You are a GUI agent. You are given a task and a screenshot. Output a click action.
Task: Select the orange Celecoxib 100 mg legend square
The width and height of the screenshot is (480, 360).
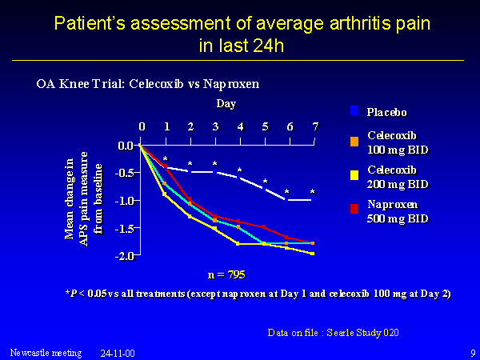click(354, 142)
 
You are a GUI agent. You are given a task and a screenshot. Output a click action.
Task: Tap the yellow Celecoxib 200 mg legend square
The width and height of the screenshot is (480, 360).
click(354, 176)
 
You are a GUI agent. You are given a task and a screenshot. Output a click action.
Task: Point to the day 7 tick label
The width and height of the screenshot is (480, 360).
click(315, 127)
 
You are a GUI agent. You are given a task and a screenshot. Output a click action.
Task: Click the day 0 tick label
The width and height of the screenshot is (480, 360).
click(141, 127)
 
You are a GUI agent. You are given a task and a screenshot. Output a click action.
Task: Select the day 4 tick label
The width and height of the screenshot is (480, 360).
click(241, 127)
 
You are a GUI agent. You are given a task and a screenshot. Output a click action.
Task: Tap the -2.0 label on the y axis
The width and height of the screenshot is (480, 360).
click(125, 255)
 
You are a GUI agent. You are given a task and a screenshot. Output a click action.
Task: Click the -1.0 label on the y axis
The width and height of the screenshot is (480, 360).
click(125, 200)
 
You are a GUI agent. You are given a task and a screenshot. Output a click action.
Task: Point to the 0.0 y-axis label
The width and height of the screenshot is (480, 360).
click(126, 146)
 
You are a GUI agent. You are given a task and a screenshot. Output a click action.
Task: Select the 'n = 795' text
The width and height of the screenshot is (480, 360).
click(227, 274)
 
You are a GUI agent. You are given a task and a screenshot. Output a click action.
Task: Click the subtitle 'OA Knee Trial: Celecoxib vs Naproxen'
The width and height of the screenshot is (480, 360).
click(148, 82)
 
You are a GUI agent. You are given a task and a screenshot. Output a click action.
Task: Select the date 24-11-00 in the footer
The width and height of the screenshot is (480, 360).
click(117, 352)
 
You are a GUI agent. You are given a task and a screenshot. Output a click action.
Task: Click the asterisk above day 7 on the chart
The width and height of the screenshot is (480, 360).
click(312, 192)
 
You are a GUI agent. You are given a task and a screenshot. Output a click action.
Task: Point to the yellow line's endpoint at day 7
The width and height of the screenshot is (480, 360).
click(313, 253)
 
